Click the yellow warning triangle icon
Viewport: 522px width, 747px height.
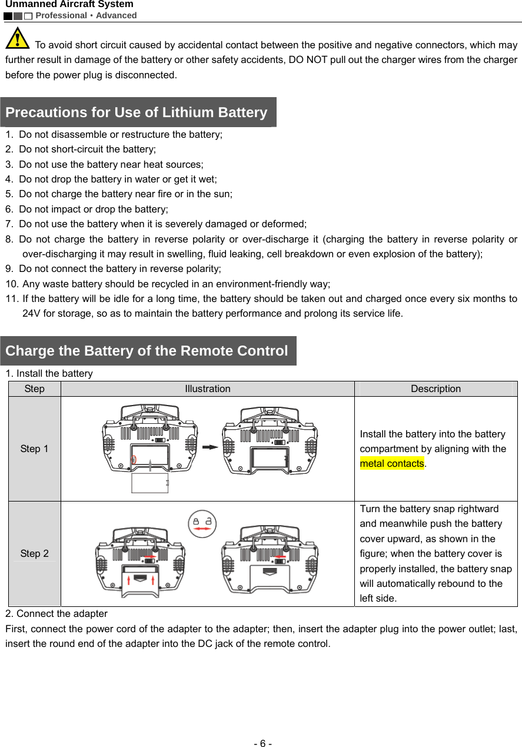[x=18, y=38]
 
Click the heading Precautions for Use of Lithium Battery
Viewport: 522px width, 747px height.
[x=137, y=112]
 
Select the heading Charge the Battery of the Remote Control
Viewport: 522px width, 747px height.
[x=147, y=351]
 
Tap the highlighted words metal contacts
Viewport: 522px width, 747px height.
[x=392, y=463]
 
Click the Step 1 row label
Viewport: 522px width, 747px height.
[x=34, y=449]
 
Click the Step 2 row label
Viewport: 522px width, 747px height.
[x=34, y=553]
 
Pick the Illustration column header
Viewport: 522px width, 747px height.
[x=208, y=389]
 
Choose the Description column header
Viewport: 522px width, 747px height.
[x=435, y=389]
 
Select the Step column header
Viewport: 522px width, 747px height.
[x=34, y=389]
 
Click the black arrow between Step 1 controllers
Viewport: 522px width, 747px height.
[x=210, y=447]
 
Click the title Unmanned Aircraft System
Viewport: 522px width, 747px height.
[x=69, y=5]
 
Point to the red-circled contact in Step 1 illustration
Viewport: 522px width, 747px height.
[x=134, y=460]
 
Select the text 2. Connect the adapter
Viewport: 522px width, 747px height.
[x=56, y=613]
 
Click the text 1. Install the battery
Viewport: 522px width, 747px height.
[x=49, y=373]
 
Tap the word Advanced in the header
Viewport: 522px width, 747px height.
[x=117, y=15]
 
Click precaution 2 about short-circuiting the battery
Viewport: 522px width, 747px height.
[x=87, y=149]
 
